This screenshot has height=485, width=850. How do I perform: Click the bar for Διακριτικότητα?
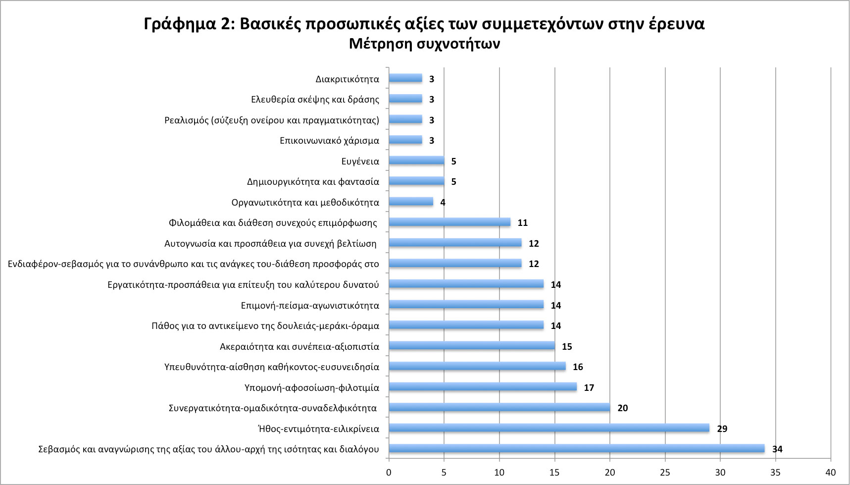tap(405, 78)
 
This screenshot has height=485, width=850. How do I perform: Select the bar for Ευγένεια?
tap(416, 161)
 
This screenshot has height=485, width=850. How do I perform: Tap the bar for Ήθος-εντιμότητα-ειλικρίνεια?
tap(549, 428)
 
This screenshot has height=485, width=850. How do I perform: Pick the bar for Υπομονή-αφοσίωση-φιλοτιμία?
tap(483, 387)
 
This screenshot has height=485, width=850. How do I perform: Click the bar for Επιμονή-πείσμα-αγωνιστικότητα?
tap(466, 305)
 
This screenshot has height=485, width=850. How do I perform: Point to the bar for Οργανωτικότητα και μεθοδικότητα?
tap(411, 202)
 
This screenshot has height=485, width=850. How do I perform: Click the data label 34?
tap(777, 449)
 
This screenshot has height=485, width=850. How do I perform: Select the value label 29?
tap(722, 429)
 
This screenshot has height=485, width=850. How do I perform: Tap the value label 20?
tap(623, 408)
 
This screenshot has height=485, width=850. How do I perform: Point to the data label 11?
tap(523, 223)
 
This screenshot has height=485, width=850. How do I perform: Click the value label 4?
tap(443, 202)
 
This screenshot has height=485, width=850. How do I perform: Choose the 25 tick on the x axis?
tap(665, 472)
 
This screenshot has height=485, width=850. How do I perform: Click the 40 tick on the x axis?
tap(831, 472)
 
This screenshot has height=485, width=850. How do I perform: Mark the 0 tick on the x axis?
tap(389, 472)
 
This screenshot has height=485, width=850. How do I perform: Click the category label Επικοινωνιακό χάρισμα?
tap(329, 141)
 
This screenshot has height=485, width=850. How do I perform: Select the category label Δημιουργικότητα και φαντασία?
tap(313, 182)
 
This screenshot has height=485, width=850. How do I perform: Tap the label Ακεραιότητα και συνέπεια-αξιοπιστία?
tap(299, 346)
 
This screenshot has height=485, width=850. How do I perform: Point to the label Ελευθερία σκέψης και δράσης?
tap(315, 100)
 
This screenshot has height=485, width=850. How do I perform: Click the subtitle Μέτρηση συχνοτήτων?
tap(424, 44)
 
